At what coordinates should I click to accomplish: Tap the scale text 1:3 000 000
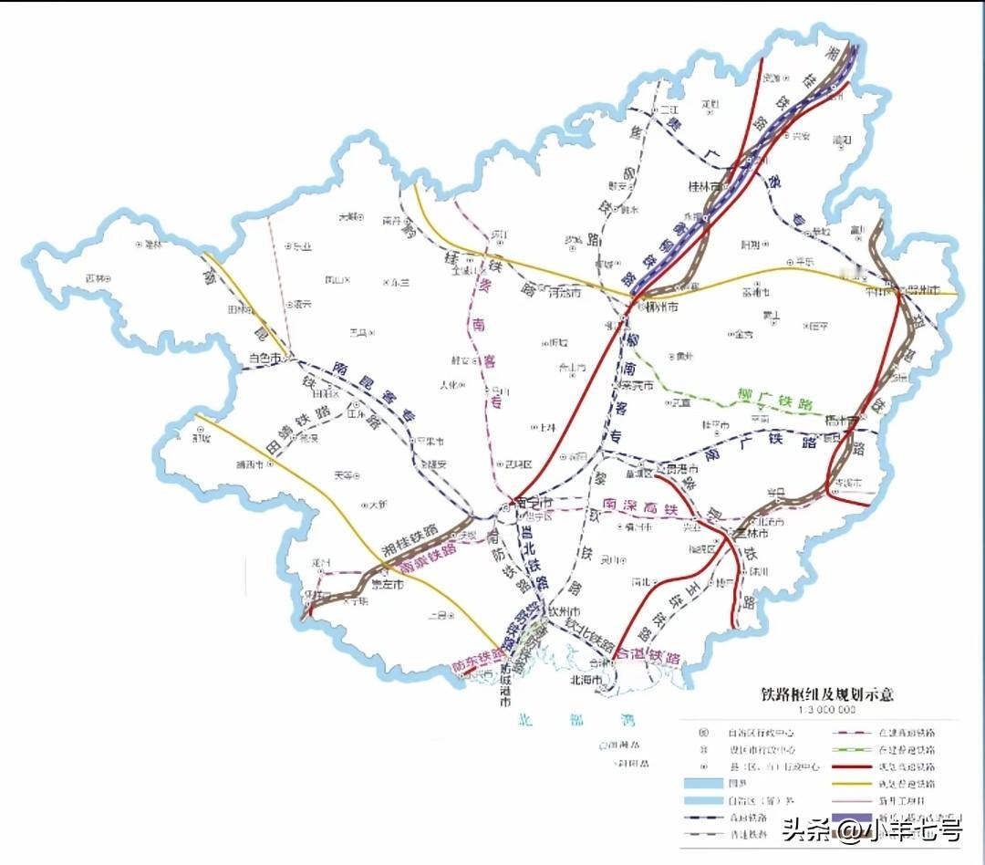pyautogui.click(x=827, y=709)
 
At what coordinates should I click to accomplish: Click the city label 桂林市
pyautogui.click(x=704, y=185)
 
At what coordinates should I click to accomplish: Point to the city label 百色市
pyautogui.click(x=266, y=359)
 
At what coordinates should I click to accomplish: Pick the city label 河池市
pyautogui.click(x=565, y=293)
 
